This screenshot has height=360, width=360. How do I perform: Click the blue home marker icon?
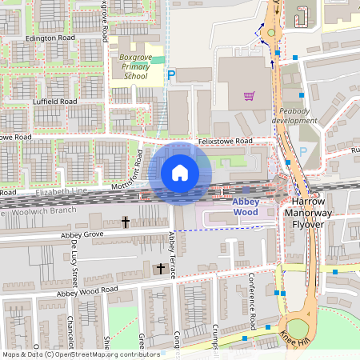point(179,173)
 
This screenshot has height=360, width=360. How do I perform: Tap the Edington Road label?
point(50,38)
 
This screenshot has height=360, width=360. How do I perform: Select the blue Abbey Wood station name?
point(246,207)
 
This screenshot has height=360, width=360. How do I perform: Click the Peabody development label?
point(294,115)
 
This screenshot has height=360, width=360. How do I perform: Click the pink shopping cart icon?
point(249,97)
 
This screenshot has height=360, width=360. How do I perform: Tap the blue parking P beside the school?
point(171,75)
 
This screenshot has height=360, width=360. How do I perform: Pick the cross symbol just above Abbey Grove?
point(125,220)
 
